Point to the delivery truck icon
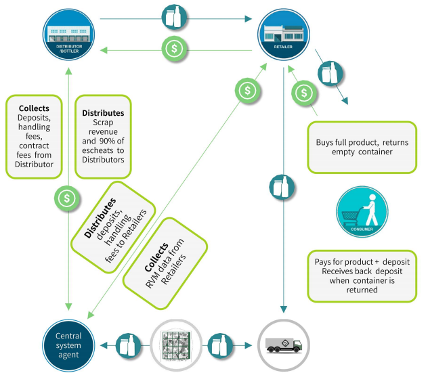pyautogui.click(x=283, y=343)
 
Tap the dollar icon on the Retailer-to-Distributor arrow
pyautogui.click(x=174, y=49)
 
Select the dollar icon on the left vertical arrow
pyautogui.click(x=66, y=198)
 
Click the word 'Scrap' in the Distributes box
pyautogui.click(x=102, y=123)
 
